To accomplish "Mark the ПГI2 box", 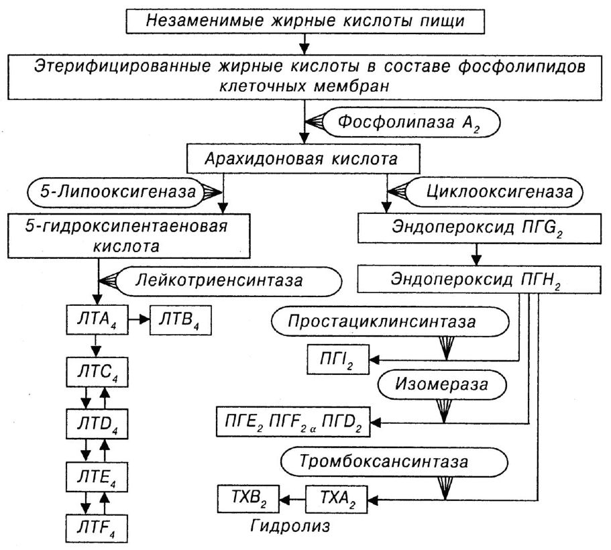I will (x=339, y=360).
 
